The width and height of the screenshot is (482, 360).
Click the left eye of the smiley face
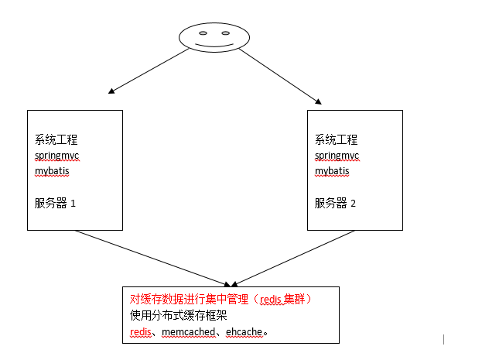click(x=203, y=33)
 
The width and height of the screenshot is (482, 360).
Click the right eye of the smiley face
click(x=226, y=33)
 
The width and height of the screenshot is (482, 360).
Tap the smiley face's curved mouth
click(x=214, y=46)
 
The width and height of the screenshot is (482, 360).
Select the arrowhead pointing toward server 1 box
click(x=111, y=91)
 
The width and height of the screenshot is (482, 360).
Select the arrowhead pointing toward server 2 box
click(x=319, y=101)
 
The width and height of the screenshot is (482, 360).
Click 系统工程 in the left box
click(x=56, y=139)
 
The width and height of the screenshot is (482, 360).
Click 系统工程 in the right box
click(x=336, y=139)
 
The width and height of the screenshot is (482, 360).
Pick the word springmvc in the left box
click(x=57, y=156)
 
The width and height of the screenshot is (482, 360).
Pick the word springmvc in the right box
click(x=337, y=156)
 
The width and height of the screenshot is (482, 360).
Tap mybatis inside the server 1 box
click(x=52, y=171)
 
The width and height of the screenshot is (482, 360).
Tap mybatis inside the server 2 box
click(x=332, y=171)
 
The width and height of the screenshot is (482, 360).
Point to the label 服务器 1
click(x=55, y=203)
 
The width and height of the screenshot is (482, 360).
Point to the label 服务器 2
click(x=335, y=203)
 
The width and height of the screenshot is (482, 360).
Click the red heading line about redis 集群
click(x=220, y=299)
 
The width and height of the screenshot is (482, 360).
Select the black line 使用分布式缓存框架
click(x=178, y=315)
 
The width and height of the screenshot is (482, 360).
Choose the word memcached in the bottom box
click(x=189, y=332)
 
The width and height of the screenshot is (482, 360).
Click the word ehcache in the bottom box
click(x=244, y=332)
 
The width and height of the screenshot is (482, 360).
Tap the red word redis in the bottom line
click(x=141, y=332)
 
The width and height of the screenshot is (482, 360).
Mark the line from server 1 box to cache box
click(x=152, y=258)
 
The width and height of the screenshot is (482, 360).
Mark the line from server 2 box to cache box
click(x=294, y=258)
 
